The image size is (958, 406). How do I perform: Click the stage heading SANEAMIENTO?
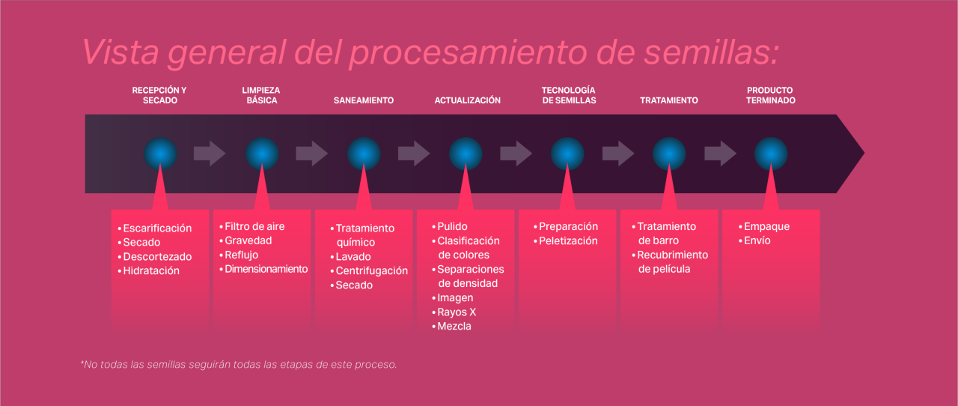(x=363, y=100)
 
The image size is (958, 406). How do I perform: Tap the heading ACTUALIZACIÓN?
(x=467, y=100)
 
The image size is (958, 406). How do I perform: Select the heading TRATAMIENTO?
(x=668, y=100)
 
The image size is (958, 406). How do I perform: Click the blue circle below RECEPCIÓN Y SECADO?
(x=160, y=154)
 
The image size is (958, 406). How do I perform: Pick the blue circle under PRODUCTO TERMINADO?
(x=771, y=154)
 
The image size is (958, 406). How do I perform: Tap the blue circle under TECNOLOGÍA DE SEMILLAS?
(x=567, y=154)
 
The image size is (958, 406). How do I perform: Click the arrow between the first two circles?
(x=210, y=154)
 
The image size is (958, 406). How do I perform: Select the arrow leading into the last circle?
(x=720, y=154)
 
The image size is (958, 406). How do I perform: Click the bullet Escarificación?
(x=157, y=228)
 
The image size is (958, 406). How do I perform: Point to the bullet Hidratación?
(x=151, y=271)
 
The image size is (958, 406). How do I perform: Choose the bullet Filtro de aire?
(x=254, y=226)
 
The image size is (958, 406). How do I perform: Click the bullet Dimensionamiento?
(x=266, y=269)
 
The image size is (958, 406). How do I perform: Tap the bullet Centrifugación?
(x=371, y=271)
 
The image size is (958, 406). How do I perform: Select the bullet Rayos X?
(x=457, y=312)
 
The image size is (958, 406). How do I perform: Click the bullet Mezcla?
(x=454, y=327)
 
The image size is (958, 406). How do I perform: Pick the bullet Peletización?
(x=568, y=241)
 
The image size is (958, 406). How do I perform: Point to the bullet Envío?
(x=757, y=241)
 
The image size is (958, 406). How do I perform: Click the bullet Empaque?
(x=766, y=226)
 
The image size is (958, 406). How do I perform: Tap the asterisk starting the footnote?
(x=82, y=364)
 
